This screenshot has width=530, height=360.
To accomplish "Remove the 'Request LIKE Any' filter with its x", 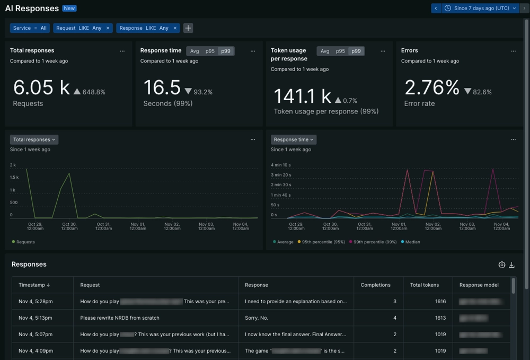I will [108, 28].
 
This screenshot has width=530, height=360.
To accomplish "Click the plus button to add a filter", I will [188, 28].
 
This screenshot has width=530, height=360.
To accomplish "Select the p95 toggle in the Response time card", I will [210, 51].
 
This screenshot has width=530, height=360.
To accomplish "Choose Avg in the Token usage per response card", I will [325, 51].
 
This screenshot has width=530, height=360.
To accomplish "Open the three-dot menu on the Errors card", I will [513, 51].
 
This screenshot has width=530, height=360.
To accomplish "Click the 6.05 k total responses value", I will [41, 87].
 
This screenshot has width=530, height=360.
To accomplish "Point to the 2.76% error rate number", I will [431, 87].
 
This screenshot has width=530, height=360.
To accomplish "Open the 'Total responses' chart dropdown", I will [34, 139].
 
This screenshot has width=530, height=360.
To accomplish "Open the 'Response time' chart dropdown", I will [294, 139].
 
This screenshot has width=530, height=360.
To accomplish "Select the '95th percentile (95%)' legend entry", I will [323, 242].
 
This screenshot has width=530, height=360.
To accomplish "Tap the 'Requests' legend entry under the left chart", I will [25, 242].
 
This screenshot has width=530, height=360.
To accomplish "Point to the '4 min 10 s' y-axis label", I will [281, 165].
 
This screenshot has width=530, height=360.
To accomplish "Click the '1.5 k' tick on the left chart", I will [14, 177].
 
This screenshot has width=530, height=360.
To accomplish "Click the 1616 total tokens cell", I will [440, 301].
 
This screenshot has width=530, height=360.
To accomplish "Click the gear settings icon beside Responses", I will [501, 265].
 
